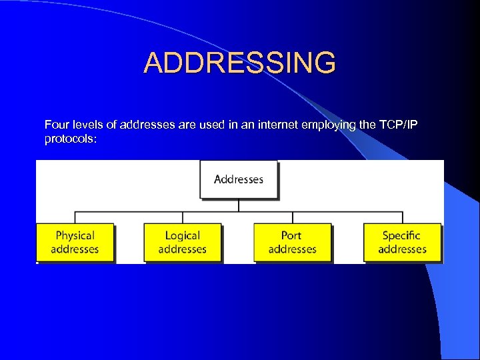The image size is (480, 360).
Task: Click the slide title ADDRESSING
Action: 240,63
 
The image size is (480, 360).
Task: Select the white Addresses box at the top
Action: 239,179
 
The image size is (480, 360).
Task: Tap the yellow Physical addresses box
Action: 75,242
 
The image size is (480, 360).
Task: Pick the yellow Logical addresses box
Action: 182,242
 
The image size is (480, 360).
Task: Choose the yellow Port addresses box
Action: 292,242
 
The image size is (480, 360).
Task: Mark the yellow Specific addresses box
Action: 402,242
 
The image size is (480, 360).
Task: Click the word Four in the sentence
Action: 55,125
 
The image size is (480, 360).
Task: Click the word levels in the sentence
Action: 84,125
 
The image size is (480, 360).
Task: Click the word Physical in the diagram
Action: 75,235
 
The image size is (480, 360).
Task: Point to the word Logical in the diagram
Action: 182,235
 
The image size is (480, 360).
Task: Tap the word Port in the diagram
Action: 291,235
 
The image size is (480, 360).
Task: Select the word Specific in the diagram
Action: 402,235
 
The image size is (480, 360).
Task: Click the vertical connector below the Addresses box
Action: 239,205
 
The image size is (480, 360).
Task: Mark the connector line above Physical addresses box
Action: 75,218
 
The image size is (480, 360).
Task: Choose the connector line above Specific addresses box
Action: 402,218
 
